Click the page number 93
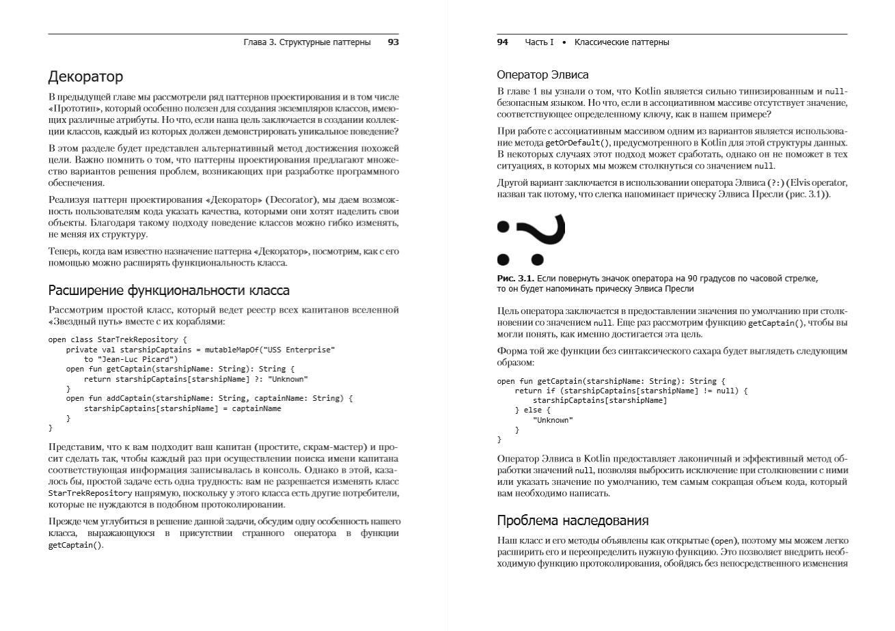coord(393,42)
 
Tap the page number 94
coord(502,42)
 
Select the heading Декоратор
coord(85,76)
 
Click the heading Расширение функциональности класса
coord(169,290)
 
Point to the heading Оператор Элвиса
coord(542,74)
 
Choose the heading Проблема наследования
coord(573,521)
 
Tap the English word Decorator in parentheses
coord(294,199)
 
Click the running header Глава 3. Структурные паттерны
coord(307,42)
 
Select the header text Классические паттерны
coord(622,42)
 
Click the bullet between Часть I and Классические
coord(564,42)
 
